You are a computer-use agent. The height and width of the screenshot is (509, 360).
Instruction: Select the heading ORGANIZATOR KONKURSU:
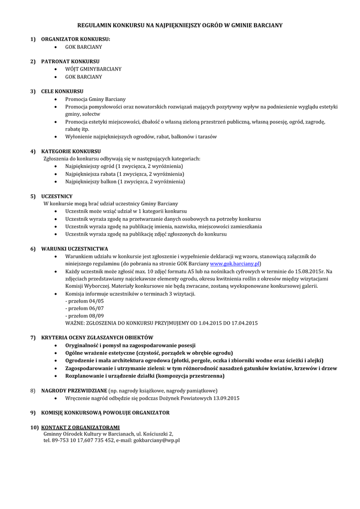(x=76, y=39)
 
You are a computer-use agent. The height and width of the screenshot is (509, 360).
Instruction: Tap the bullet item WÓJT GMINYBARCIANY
(x=93, y=69)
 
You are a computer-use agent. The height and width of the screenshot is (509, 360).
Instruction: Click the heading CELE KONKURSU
(x=62, y=91)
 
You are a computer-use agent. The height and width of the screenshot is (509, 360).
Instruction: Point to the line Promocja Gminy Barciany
(x=95, y=99)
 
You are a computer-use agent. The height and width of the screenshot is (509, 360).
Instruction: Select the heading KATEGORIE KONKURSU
(x=71, y=151)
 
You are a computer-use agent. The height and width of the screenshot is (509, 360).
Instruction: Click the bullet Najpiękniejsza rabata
(x=125, y=174)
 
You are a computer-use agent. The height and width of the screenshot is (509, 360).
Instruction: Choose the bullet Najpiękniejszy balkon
(x=125, y=181)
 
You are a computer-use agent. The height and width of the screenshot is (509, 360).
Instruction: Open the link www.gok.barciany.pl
(x=235, y=263)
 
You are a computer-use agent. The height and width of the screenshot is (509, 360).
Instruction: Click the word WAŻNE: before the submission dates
(x=75, y=323)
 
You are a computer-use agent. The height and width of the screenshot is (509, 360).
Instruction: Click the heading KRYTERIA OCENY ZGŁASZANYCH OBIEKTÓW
(x=97, y=338)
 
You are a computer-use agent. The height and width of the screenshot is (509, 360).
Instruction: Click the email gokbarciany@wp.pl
(x=157, y=440)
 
